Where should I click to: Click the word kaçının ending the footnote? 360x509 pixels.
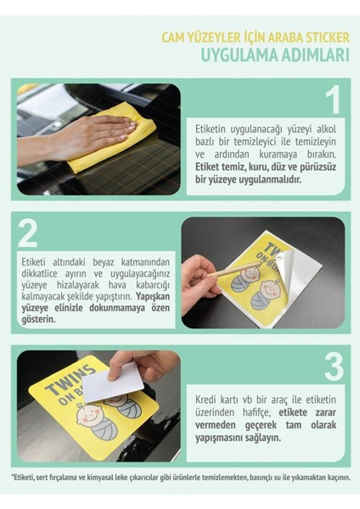coord(333,476)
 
